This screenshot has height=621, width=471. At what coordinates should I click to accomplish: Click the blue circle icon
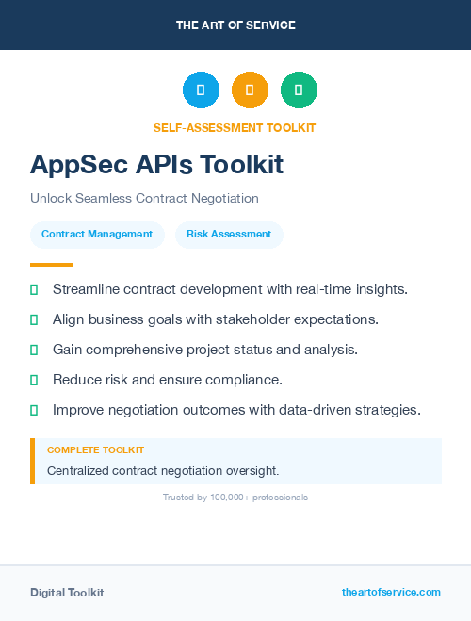(x=201, y=90)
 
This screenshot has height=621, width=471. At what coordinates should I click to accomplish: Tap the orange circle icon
(x=250, y=90)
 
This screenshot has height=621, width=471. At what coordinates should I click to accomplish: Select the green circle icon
(x=299, y=90)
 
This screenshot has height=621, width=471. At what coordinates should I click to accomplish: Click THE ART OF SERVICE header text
(x=235, y=25)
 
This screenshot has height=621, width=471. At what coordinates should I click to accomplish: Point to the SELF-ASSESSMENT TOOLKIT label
(x=235, y=127)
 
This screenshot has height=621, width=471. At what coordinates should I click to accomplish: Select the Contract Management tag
(x=97, y=235)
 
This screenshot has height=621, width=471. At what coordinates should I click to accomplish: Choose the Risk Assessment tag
(x=229, y=235)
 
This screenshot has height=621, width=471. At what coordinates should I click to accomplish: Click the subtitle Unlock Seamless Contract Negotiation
(x=144, y=199)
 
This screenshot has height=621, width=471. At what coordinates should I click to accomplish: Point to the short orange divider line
(x=51, y=265)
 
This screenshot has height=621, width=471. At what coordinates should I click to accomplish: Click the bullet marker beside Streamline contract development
(x=34, y=289)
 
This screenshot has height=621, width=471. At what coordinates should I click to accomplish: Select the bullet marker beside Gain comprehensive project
(x=34, y=350)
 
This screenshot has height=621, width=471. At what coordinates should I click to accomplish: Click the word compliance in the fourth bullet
(x=246, y=380)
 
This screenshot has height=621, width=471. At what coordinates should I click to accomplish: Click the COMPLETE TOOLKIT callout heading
(x=95, y=450)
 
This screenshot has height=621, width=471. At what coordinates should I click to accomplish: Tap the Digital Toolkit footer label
(x=67, y=593)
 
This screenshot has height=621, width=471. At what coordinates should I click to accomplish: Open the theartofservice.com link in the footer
(x=391, y=592)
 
